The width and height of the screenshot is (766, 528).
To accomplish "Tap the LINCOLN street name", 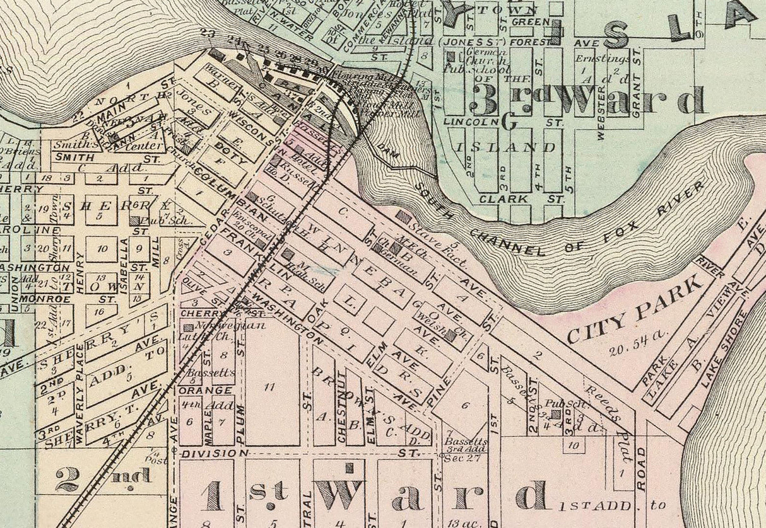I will click(468, 120).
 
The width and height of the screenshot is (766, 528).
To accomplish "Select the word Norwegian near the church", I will click(221, 326).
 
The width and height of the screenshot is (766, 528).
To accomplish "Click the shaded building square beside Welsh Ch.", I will click(449, 336).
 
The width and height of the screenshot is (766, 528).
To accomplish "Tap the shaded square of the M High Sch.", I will click(288, 254).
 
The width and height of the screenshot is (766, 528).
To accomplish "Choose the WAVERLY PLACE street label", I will click(80, 396).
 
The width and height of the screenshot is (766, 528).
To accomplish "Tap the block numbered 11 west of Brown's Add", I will click(269, 387).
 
